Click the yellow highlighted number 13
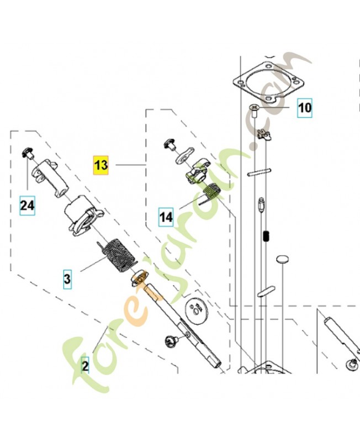pyautogui.click(x=101, y=165)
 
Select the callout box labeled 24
pyautogui.click(x=28, y=206)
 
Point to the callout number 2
pyautogui.click(x=85, y=365)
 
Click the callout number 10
pyautogui.click(x=304, y=107)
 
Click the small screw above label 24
pyautogui.click(x=28, y=152)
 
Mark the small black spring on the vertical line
pyautogui.click(x=266, y=237)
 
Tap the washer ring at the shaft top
pyautogui.click(x=140, y=277)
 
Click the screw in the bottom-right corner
pyautogui.click(x=351, y=363)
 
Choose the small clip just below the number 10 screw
pyautogui.click(x=263, y=133)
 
